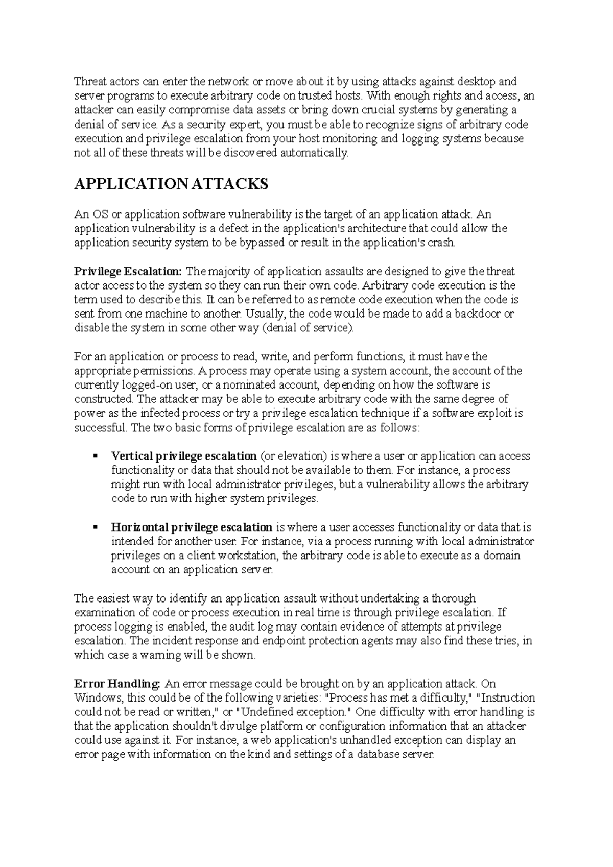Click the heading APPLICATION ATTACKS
171,184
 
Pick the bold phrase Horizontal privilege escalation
192,527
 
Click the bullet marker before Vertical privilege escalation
95,456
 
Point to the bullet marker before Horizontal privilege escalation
95,527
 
